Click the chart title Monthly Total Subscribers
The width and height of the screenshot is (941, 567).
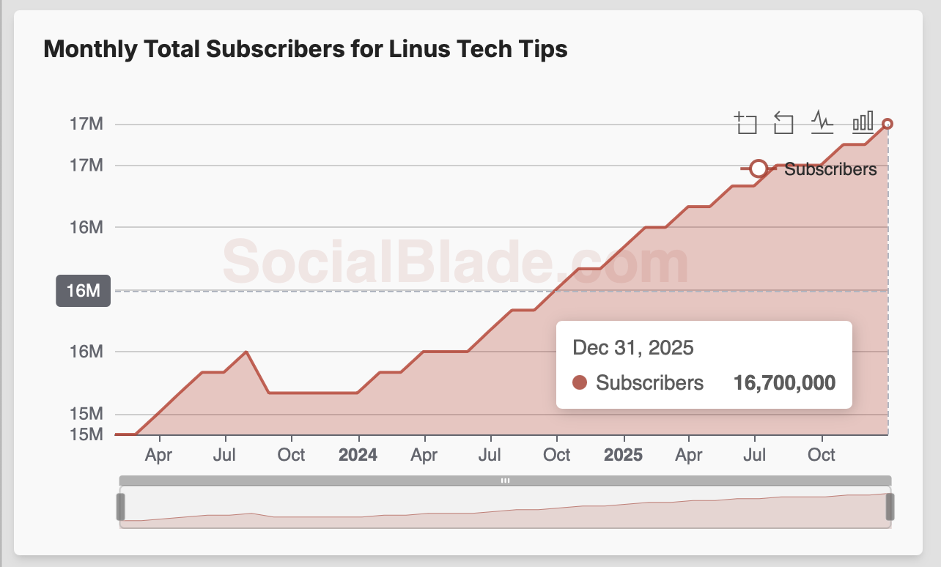[x=306, y=49]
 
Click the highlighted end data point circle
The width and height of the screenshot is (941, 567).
[x=888, y=124]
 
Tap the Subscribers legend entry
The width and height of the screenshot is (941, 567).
[x=830, y=169]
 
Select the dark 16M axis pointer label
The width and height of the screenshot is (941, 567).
[x=83, y=291]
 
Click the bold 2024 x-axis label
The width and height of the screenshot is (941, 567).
[x=358, y=455]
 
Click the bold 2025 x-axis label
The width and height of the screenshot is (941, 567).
[x=623, y=455]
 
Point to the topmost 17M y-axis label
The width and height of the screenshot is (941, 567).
[x=86, y=124]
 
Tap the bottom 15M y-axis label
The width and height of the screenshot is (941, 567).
[x=86, y=434]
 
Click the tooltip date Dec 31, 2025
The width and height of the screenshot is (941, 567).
[x=633, y=347]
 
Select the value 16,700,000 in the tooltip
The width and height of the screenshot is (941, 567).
[x=784, y=382]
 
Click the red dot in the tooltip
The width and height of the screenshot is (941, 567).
[x=580, y=382]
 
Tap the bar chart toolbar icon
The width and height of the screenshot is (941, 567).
[x=863, y=122]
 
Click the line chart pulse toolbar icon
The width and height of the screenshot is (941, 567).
[x=822, y=122]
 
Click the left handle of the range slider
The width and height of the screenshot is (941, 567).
[x=121, y=507]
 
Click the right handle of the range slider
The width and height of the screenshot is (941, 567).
[x=890, y=507]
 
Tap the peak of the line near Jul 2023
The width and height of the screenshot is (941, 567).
[x=246, y=352]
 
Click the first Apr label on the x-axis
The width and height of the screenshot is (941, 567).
[x=158, y=455]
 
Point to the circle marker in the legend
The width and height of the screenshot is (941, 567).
[x=759, y=169]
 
